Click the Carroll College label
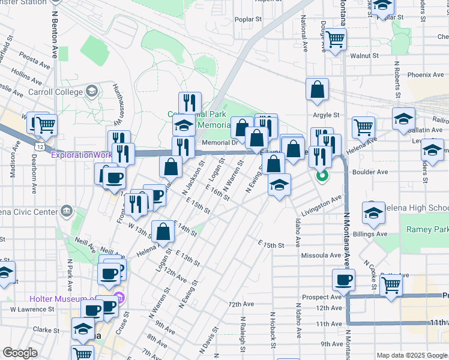[56, 92]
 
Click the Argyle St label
[325, 115]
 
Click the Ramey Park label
[427, 229]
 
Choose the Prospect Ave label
[322, 297]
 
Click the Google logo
[20, 353]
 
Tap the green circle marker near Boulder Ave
[322, 176]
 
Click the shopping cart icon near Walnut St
[336, 40]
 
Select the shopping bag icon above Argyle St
[317, 90]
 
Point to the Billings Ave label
[370, 234]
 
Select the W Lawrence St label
[33, 310]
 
